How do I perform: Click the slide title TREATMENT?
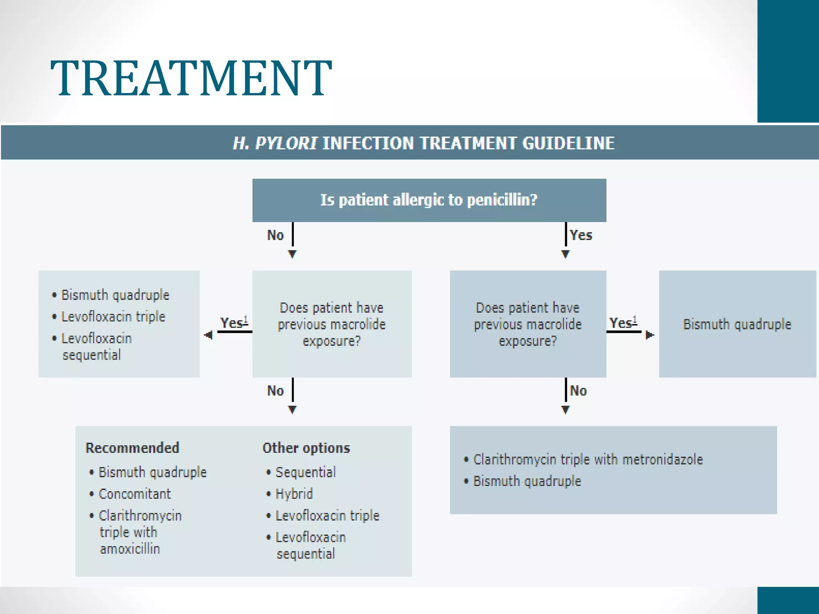pos(191,78)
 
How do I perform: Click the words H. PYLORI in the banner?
pos(275,143)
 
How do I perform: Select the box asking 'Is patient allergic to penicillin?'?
pos(429,200)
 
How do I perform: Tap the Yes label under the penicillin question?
pos(581,235)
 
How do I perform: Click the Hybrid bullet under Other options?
pos(294,494)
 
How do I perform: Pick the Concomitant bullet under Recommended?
pos(134,494)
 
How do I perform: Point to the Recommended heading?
pos(132,448)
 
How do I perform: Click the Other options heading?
pos(306,448)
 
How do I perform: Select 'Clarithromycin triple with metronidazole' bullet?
pos(587,460)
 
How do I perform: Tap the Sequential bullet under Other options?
pos(306,472)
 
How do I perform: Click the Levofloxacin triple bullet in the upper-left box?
pos(113,317)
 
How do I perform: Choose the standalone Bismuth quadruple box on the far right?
pos(737,324)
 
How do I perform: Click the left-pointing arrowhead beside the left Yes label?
pos(208,335)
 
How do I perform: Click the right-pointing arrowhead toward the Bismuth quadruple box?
pos(650,335)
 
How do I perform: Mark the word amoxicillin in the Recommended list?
pos(130,549)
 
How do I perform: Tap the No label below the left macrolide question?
pos(276,391)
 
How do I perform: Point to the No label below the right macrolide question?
pos(578,391)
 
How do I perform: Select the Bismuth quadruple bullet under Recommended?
pos(152,472)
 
